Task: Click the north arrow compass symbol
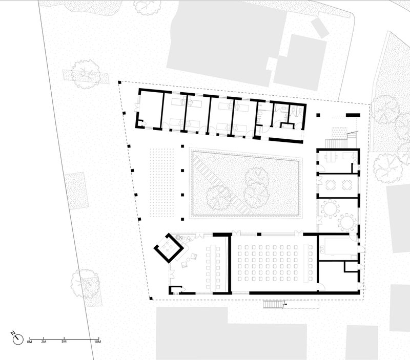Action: (18, 340)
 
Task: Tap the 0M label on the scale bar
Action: (29, 342)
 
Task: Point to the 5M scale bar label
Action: (64, 342)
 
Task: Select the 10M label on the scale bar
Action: (97, 342)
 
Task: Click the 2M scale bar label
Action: (44, 342)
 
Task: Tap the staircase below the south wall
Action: (273, 304)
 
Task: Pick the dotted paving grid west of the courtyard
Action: (162, 183)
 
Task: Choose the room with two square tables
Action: (338, 185)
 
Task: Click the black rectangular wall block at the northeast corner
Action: (353, 115)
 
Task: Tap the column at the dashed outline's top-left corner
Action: (120, 82)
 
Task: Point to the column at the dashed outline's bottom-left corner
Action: (151, 298)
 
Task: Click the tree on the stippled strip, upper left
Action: (86, 74)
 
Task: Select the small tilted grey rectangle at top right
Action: (320, 27)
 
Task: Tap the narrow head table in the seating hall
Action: (306, 263)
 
